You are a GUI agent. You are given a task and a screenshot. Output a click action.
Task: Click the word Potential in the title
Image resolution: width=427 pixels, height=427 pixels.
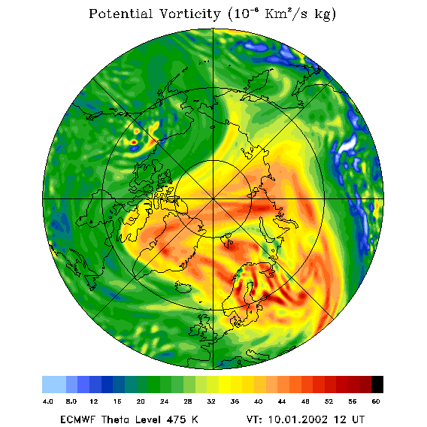pyautogui.click(x=120, y=14)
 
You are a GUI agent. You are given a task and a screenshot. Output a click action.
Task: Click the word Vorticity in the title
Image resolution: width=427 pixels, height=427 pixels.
pyautogui.click(x=189, y=14)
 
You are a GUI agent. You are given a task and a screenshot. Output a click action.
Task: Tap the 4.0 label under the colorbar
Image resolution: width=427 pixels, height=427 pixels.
pyautogui.click(x=48, y=401)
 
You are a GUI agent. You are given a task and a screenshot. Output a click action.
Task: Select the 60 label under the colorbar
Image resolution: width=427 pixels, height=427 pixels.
pyautogui.click(x=376, y=401)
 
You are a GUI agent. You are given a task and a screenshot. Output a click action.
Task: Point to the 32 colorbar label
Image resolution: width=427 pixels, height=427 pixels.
pyautogui.click(x=211, y=401)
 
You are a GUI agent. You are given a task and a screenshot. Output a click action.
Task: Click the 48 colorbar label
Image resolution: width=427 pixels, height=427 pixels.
pyautogui.click(x=305, y=401)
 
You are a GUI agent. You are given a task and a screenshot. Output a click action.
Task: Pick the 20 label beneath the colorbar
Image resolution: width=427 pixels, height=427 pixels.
pyautogui.click(x=141, y=401)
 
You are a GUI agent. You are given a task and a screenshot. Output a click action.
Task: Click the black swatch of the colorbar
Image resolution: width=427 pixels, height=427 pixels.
pyautogui.click(x=377, y=384)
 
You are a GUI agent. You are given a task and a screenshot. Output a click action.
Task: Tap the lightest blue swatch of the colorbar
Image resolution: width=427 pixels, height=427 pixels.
pyautogui.click(x=54, y=384)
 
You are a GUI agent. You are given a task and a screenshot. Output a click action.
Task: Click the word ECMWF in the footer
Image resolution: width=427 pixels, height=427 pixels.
pyautogui.click(x=77, y=419)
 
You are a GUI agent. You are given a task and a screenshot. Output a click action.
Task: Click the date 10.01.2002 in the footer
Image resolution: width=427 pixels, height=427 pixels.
pyautogui.click(x=298, y=419)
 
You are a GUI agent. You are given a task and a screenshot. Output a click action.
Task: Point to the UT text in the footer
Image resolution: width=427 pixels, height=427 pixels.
pyautogui.click(x=357, y=419)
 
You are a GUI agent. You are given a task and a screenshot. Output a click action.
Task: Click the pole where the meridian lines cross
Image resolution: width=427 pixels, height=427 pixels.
pyautogui.click(x=213, y=199)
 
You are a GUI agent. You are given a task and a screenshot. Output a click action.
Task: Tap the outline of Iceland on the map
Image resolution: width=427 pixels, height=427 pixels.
pyautogui.click(x=183, y=287)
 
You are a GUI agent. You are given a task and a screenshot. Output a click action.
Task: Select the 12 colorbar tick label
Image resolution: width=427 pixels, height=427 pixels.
pyautogui.click(x=94, y=401)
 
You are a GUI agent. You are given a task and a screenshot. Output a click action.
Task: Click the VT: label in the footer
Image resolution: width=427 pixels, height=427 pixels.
pyautogui.click(x=254, y=419)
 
